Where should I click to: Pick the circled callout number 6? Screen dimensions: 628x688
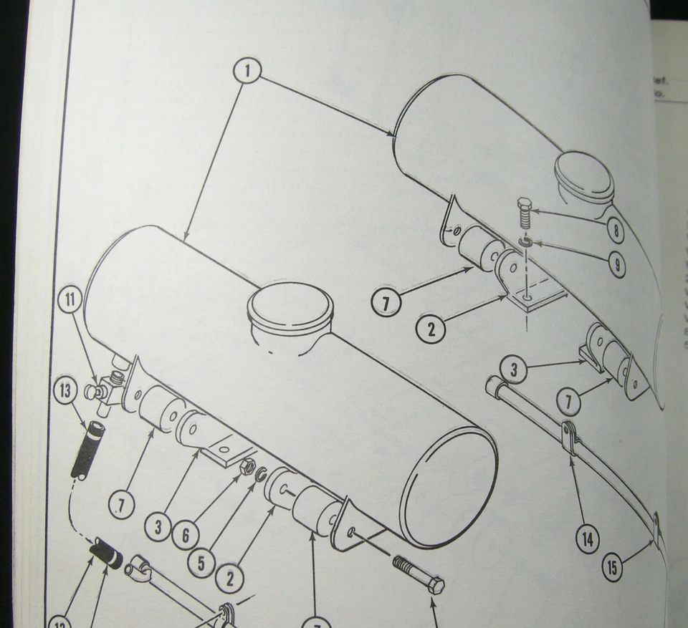[185, 534]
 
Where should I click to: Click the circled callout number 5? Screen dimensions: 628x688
[201, 563]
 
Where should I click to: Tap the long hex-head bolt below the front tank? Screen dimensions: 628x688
[418, 574]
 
